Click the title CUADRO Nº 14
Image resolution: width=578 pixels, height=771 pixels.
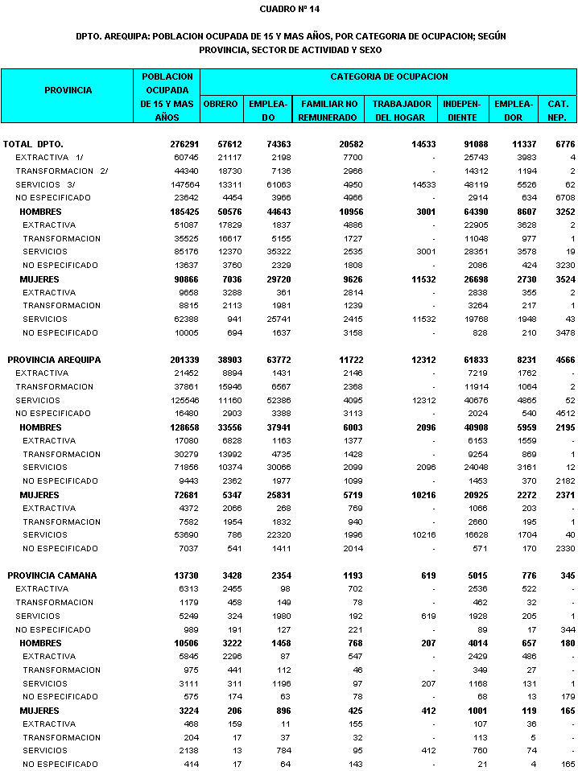pos(289,9)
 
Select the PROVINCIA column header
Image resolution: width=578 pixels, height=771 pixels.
pos(68,90)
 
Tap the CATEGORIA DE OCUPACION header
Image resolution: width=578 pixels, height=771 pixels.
pos(389,76)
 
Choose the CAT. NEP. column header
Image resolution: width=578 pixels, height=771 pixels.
pos(558,110)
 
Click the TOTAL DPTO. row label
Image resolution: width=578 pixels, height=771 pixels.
pos(34,144)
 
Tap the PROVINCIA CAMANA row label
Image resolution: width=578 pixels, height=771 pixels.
pos(52,575)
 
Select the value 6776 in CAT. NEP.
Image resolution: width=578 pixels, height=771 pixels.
pos(564,144)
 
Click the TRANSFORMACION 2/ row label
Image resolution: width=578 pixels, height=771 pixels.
pos(61,171)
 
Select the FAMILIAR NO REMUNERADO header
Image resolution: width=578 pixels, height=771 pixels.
pos(328,110)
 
